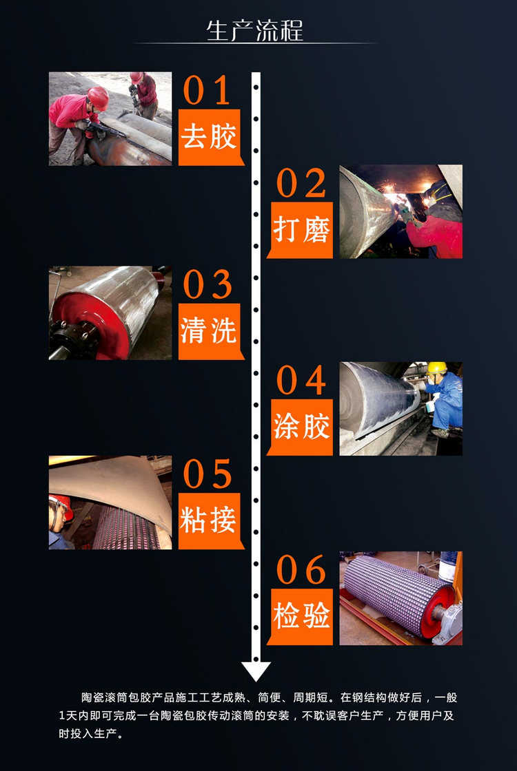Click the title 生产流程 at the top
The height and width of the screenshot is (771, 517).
click(x=255, y=31)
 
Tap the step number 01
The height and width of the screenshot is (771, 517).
click(x=207, y=91)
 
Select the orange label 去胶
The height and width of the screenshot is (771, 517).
click(x=209, y=137)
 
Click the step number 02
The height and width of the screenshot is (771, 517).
click(x=301, y=183)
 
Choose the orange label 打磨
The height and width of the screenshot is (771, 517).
click(x=301, y=230)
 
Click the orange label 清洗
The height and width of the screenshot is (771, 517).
click(x=209, y=331)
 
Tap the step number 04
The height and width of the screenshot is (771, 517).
click(x=301, y=380)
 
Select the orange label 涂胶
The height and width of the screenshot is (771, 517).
click(x=301, y=427)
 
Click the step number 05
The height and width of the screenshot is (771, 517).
click(x=207, y=474)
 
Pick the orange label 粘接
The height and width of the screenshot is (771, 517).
click(x=209, y=521)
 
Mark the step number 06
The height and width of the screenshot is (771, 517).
click(x=301, y=570)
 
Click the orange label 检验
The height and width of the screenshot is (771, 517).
click(x=301, y=616)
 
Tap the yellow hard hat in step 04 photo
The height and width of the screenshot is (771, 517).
click(x=436, y=368)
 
